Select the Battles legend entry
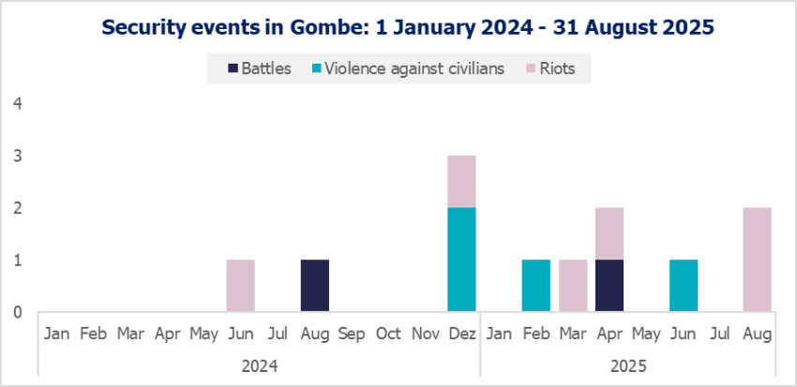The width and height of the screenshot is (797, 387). (x=260, y=68)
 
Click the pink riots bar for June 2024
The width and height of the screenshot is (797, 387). (x=241, y=286)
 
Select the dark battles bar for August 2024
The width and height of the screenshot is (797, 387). (x=315, y=286)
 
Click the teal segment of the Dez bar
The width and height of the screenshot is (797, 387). (x=462, y=260)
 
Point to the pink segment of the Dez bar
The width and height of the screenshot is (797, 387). (x=462, y=181)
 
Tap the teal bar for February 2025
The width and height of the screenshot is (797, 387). (x=536, y=286)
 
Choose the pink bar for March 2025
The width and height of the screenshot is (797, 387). (x=573, y=286)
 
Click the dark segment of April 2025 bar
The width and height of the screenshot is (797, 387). (x=609, y=286)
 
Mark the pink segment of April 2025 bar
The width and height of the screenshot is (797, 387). (x=609, y=233)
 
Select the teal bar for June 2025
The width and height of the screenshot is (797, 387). (x=684, y=286)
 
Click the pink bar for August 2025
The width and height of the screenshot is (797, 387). (x=758, y=260)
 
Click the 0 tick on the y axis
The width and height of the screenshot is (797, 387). (x=17, y=312)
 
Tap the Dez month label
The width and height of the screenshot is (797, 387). (x=462, y=333)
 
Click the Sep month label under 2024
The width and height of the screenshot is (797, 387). (x=352, y=333)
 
